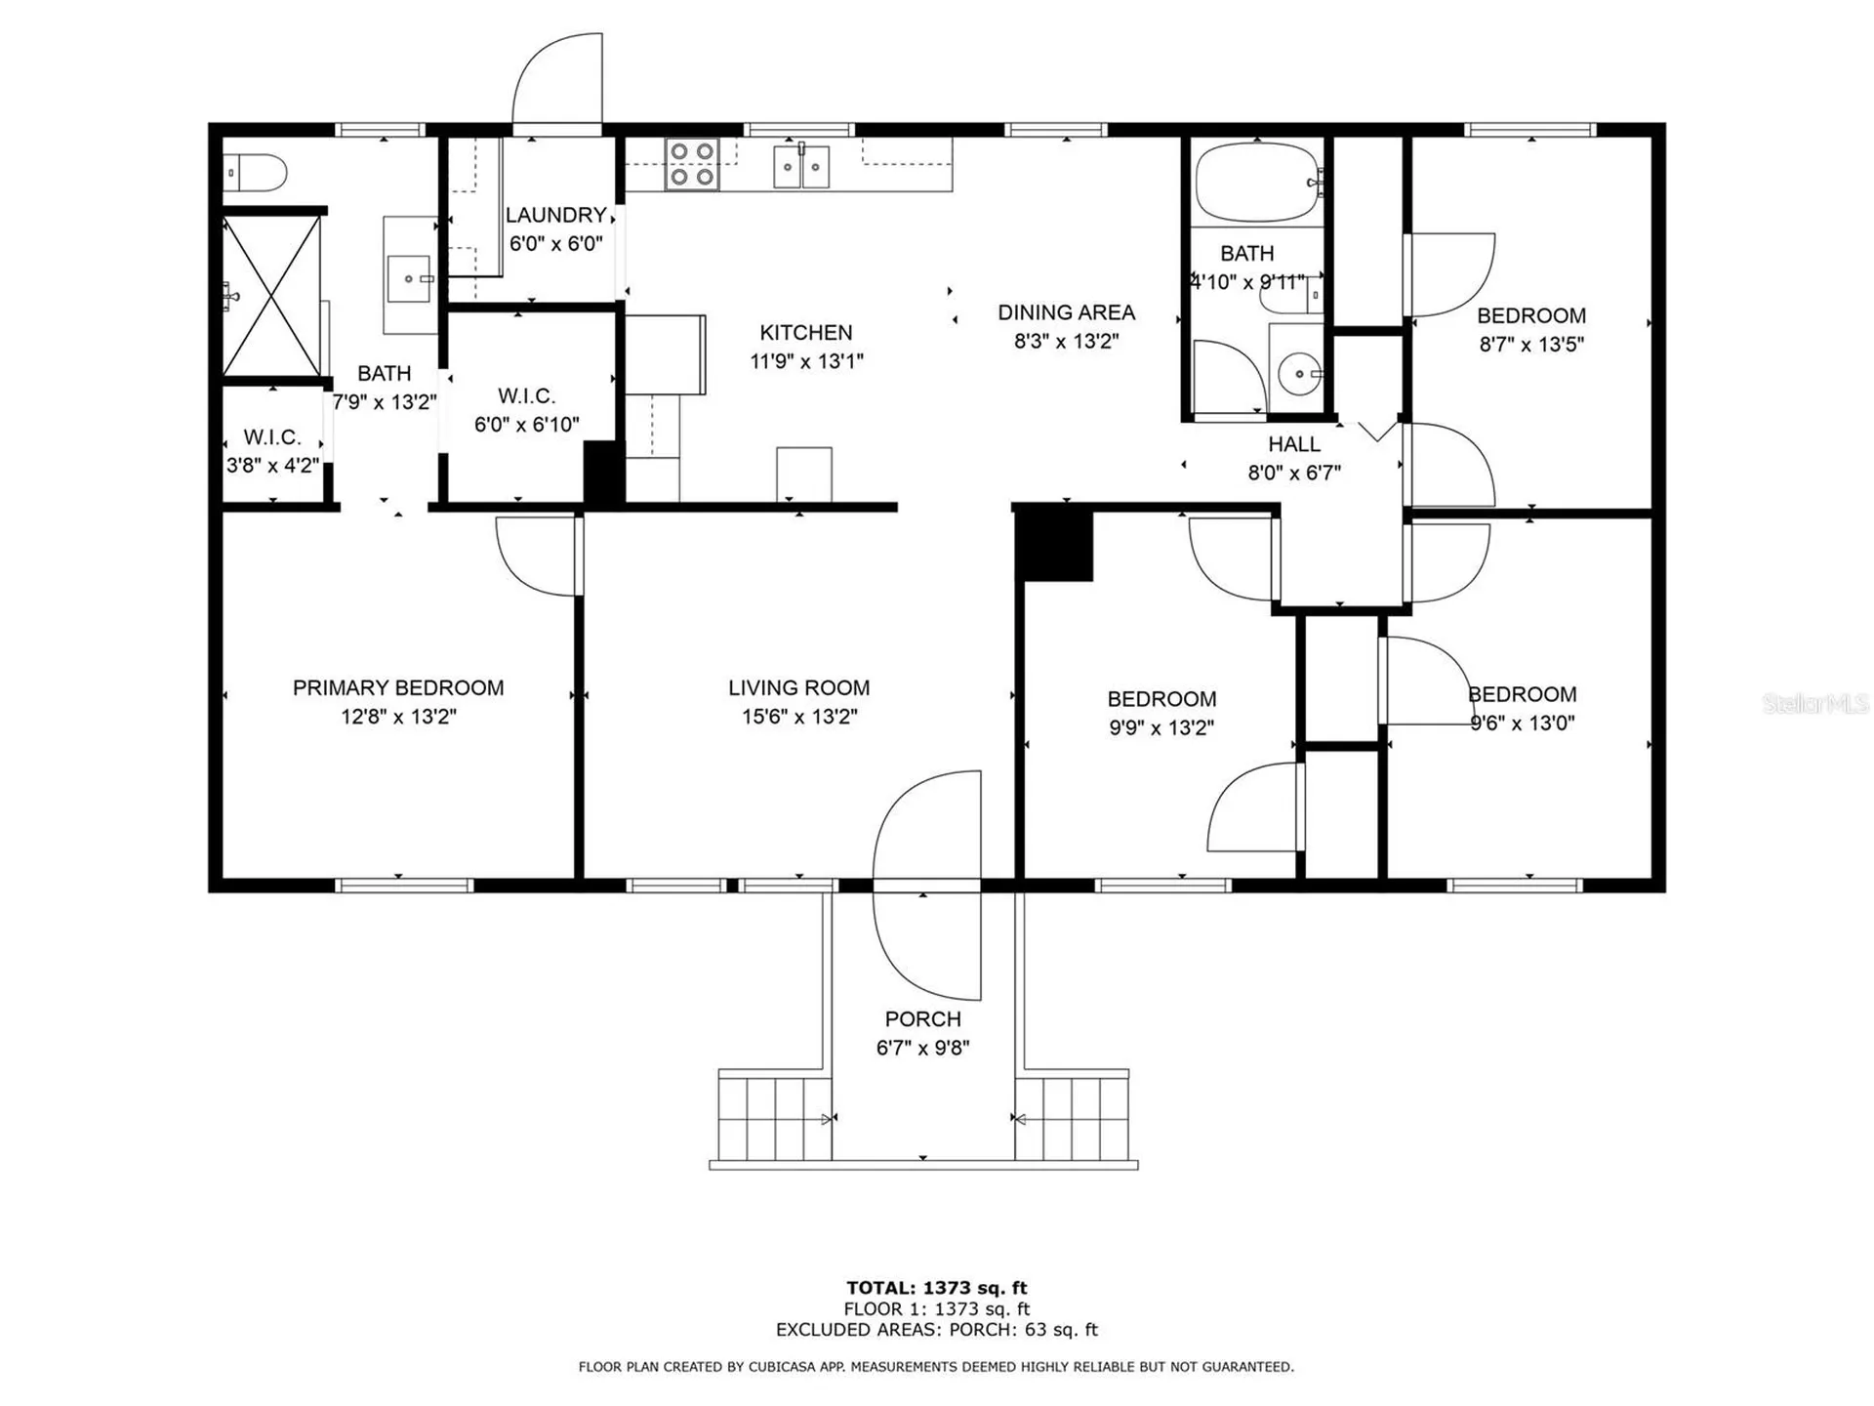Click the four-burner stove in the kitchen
[x=692, y=164]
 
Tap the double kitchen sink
[x=801, y=166]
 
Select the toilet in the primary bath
[x=255, y=174]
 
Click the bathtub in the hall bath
[x=1259, y=183]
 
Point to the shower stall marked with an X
[x=271, y=296]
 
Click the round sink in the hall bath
[x=1299, y=373]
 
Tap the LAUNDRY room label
[x=556, y=215]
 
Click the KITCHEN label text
[x=806, y=332]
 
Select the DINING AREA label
[x=1066, y=312]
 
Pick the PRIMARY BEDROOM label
[x=398, y=687]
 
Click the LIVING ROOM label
[x=798, y=687]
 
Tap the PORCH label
[x=922, y=1018]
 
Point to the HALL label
[x=1294, y=444]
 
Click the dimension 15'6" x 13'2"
[x=799, y=717]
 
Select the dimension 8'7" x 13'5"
[x=1531, y=344]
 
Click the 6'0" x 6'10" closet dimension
[x=527, y=425]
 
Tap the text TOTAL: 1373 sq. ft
[x=937, y=1288]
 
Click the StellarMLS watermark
[x=1815, y=703]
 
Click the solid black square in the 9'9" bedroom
[x=1054, y=545]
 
